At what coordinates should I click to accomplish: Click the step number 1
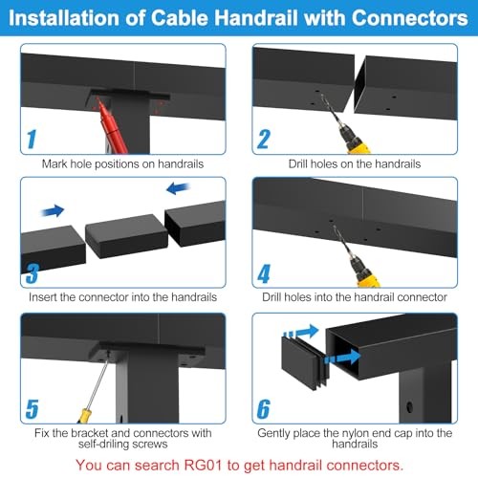31,139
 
